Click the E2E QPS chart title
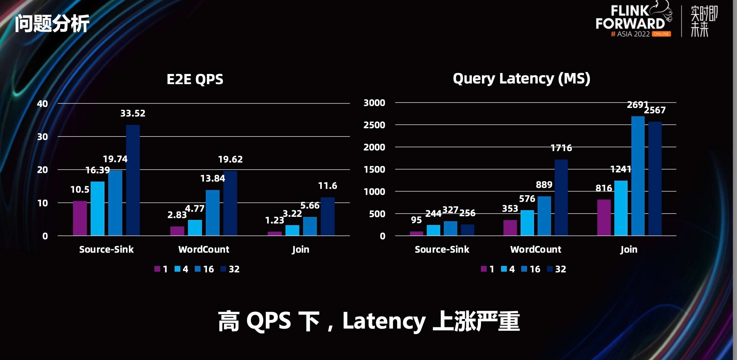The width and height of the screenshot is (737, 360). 195,79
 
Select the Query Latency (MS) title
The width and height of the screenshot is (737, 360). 521,78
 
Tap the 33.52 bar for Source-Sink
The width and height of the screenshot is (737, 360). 133,180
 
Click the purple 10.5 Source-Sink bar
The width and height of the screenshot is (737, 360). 80,218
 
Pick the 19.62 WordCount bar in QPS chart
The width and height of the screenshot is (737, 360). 230,203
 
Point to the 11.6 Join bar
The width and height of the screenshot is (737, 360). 328,216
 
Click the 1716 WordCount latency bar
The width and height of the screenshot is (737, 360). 561,197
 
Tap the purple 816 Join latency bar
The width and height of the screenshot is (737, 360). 604,217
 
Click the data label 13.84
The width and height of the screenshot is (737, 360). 213,178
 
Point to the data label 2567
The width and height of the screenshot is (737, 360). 655,110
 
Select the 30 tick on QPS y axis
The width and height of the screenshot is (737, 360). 43,137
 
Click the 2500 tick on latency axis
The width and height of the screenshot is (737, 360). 374,125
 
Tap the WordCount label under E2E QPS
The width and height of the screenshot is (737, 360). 204,250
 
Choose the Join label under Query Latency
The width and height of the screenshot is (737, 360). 629,250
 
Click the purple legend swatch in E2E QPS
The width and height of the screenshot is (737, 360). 157,269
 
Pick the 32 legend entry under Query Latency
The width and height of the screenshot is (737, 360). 560,269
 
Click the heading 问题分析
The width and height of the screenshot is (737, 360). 52,23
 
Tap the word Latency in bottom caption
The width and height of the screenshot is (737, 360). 384,321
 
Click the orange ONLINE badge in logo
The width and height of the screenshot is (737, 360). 661,34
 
